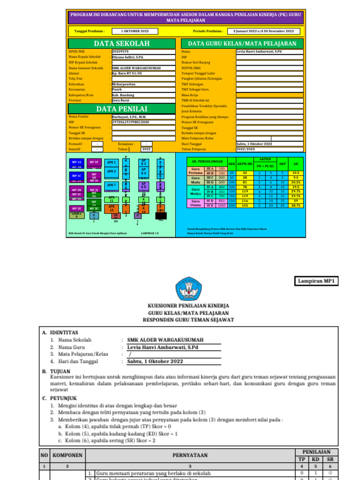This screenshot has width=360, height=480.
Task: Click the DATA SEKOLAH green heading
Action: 121,44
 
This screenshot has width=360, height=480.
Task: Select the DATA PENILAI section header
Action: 121,109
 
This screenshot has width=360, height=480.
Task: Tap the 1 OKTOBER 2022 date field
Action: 135,31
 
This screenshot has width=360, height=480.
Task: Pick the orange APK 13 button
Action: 112,208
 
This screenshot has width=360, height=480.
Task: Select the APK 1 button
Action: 112,163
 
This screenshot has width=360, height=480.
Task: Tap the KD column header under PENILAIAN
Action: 316,459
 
